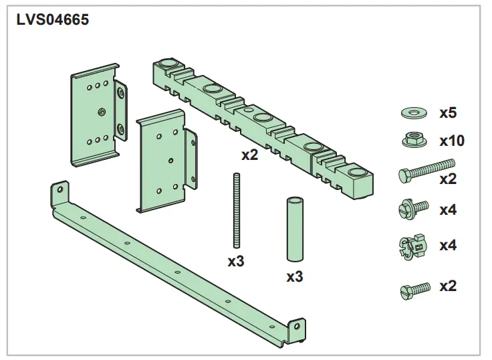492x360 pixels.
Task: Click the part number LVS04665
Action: coord(52,19)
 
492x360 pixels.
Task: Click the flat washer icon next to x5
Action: coord(414,112)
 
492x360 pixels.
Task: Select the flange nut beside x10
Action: coord(414,141)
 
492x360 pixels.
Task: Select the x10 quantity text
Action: coord(451,141)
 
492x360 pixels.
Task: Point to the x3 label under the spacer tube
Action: coord(294,275)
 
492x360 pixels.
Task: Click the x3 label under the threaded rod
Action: coord(236,261)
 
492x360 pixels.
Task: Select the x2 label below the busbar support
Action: coord(250,156)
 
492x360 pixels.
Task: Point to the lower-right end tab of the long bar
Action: coord(298,329)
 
